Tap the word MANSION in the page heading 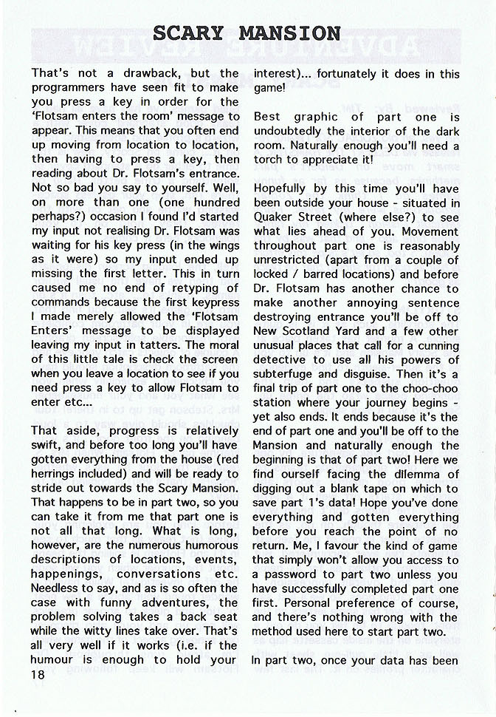point(289,33)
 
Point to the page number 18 point(42,675)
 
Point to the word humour point(57,660)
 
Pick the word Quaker point(273,217)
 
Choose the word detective point(281,359)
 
